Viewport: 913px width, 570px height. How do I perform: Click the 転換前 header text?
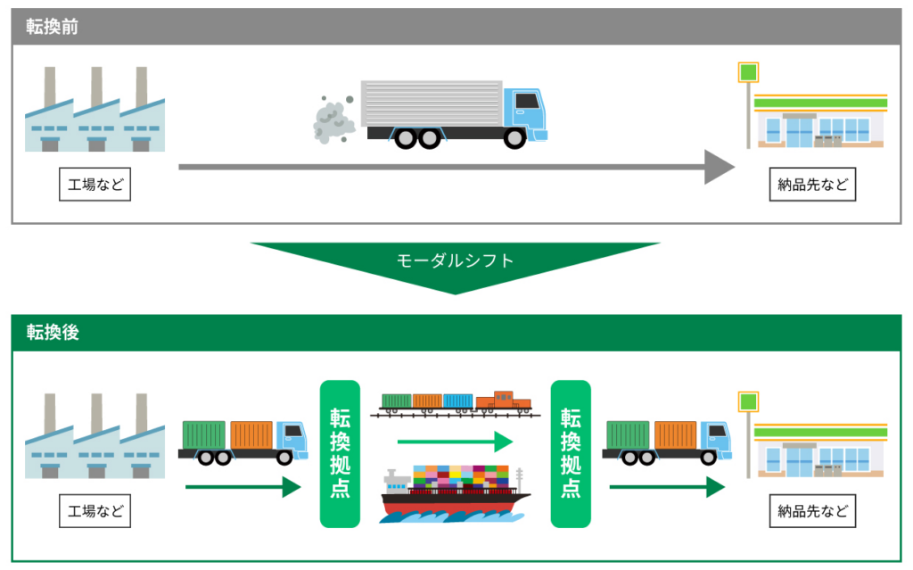click(53, 27)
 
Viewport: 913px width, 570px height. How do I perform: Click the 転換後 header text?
click(53, 332)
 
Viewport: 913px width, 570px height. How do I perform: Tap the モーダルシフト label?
click(455, 260)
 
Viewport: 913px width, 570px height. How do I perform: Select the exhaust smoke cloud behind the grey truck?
click(333, 120)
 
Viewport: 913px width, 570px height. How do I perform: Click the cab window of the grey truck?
click(527, 101)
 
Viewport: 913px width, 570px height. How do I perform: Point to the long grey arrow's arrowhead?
click(720, 167)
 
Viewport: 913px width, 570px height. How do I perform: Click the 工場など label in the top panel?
click(95, 185)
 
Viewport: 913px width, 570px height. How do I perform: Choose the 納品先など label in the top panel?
click(812, 185)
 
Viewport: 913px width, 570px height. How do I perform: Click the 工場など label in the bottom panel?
click(95, 511)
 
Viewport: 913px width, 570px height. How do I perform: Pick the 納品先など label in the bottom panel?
click(812, 511)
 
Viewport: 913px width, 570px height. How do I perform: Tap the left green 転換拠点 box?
click(340, 454)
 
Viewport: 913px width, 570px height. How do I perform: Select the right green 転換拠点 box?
click(571, 454)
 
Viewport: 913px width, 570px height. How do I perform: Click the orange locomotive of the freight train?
click(503, 401)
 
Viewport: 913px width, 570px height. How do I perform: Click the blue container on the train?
click(457, 401)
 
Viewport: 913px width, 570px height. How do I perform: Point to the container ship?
click(455, 493)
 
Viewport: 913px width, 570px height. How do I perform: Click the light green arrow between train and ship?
click(455, 442)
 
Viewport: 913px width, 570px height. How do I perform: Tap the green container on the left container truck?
click(204, 435)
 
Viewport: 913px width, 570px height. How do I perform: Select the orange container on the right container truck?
click(676, 435)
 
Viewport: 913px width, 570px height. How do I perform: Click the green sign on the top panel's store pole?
click(748, 73)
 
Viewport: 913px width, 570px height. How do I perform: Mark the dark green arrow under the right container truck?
click(667, 487)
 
